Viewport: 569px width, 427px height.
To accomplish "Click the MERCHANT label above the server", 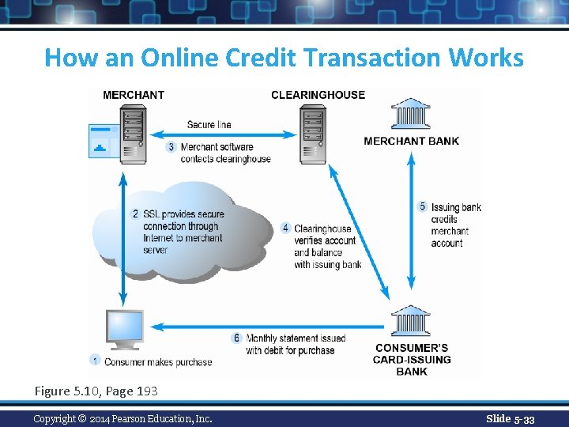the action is [134, 95].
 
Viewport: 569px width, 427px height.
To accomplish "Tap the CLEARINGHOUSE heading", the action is [318, 95].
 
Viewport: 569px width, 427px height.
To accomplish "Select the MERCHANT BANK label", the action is [411, 142].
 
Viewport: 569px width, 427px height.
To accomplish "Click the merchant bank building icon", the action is [410, 115].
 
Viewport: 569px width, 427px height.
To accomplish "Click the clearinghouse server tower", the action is [312, 134].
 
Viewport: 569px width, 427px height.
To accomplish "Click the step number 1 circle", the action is [95, 361].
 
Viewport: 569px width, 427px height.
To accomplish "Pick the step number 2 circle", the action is [135, 213].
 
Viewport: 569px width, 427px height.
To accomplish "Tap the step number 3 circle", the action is [171, 147].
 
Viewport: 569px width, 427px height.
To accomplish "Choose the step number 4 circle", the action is [285, 229].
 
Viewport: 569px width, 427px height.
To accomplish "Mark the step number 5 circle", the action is [422, 207].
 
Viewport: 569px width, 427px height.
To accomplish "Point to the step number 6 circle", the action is [236, 338].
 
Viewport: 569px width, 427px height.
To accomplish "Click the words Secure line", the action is [209, 124].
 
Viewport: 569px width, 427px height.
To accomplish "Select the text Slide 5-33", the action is [510, 418].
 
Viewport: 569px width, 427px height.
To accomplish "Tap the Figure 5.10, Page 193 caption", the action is [96, 391].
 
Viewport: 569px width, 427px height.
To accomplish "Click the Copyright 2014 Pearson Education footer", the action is [122, 418].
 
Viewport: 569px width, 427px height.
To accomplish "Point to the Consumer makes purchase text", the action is [158, 362].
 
